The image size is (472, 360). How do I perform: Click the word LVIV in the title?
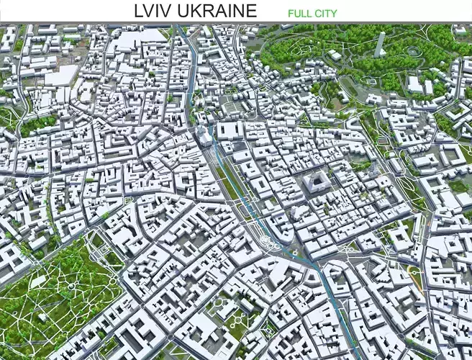click(x=154, y=11)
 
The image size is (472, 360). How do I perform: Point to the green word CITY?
click(x=326, y=13)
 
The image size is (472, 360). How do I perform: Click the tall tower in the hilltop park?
click(x=380, y=44)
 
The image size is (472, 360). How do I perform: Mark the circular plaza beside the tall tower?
click(x=412, y=51)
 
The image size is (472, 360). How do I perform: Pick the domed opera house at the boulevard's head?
click(x=204, y=136)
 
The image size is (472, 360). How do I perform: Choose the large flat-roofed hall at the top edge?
click(x=140, y=37)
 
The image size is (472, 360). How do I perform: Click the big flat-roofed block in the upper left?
click(x=61, y=75)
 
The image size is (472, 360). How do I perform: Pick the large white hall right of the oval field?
click(x=415, y=84)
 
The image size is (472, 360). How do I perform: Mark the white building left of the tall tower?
click(x=336, y=55)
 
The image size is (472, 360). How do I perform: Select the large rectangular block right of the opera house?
click(x=230, y=130)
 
